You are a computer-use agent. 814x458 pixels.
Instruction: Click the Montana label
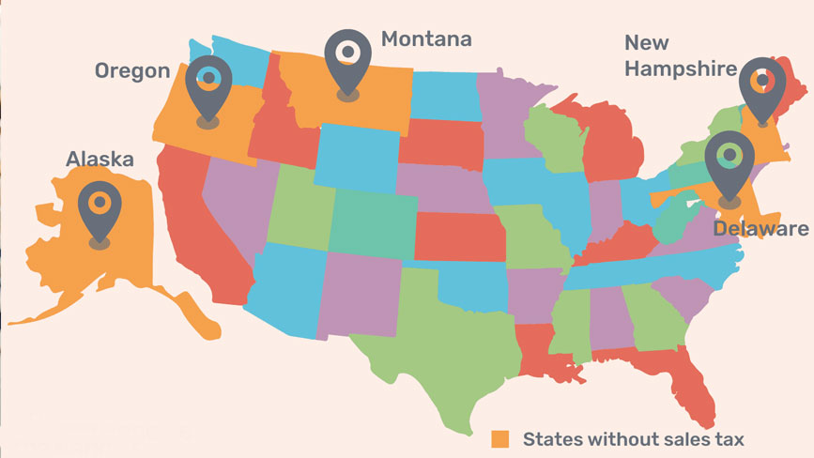[x=426, y=39]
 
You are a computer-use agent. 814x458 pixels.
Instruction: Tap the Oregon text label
[x=132, y=71]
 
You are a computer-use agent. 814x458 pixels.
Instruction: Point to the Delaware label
[x=760, y=229]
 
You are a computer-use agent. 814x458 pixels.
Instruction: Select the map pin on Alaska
[x=99, y=210]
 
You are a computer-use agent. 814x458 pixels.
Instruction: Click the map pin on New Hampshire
[x=761, y=89]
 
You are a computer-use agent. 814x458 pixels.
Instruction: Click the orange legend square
[x=502, y=438]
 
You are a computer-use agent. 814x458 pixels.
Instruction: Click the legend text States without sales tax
[x=634, y=438]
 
